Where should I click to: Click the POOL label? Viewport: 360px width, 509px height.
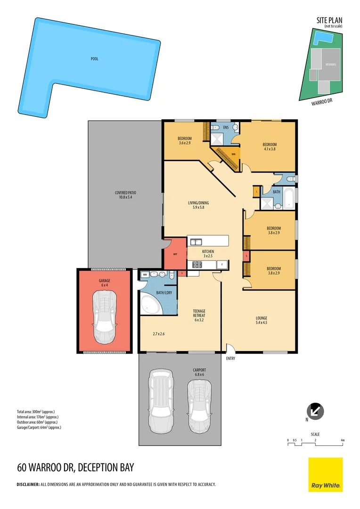pyautogui.click(x=95, y=59)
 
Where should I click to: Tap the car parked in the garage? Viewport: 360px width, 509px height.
pyautogui.click(x=104, y=317)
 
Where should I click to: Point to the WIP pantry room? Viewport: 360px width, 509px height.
pyautogui.click(x=174, y=254)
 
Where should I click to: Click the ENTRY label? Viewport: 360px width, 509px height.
pyautogui.click(x=230, y=359)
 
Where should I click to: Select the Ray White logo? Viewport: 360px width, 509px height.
pyautogui.click(x=326, y=475)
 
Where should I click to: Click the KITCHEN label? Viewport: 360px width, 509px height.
pyautogui.click(x=208, y=252)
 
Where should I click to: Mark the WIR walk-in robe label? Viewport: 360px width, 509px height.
pyautogui.click(x=233, y=154)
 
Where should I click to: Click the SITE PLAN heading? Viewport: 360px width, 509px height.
pyautogui.click(x=329, y=20)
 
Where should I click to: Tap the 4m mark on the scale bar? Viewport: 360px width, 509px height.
pyautogui.click(x=343, y=440)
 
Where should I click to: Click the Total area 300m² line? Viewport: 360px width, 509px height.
pyautogui.click(x=36, y=412)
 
